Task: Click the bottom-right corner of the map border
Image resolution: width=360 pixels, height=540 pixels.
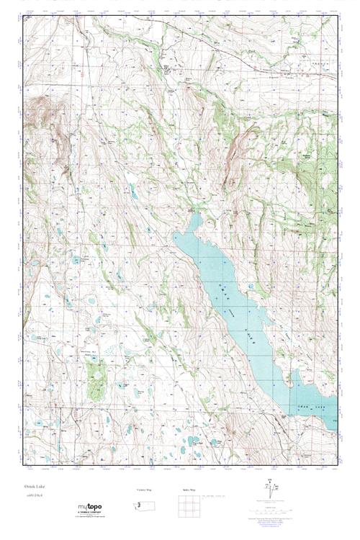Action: click(338, 469)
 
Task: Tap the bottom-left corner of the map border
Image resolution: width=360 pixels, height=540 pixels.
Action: click(22, 469)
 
